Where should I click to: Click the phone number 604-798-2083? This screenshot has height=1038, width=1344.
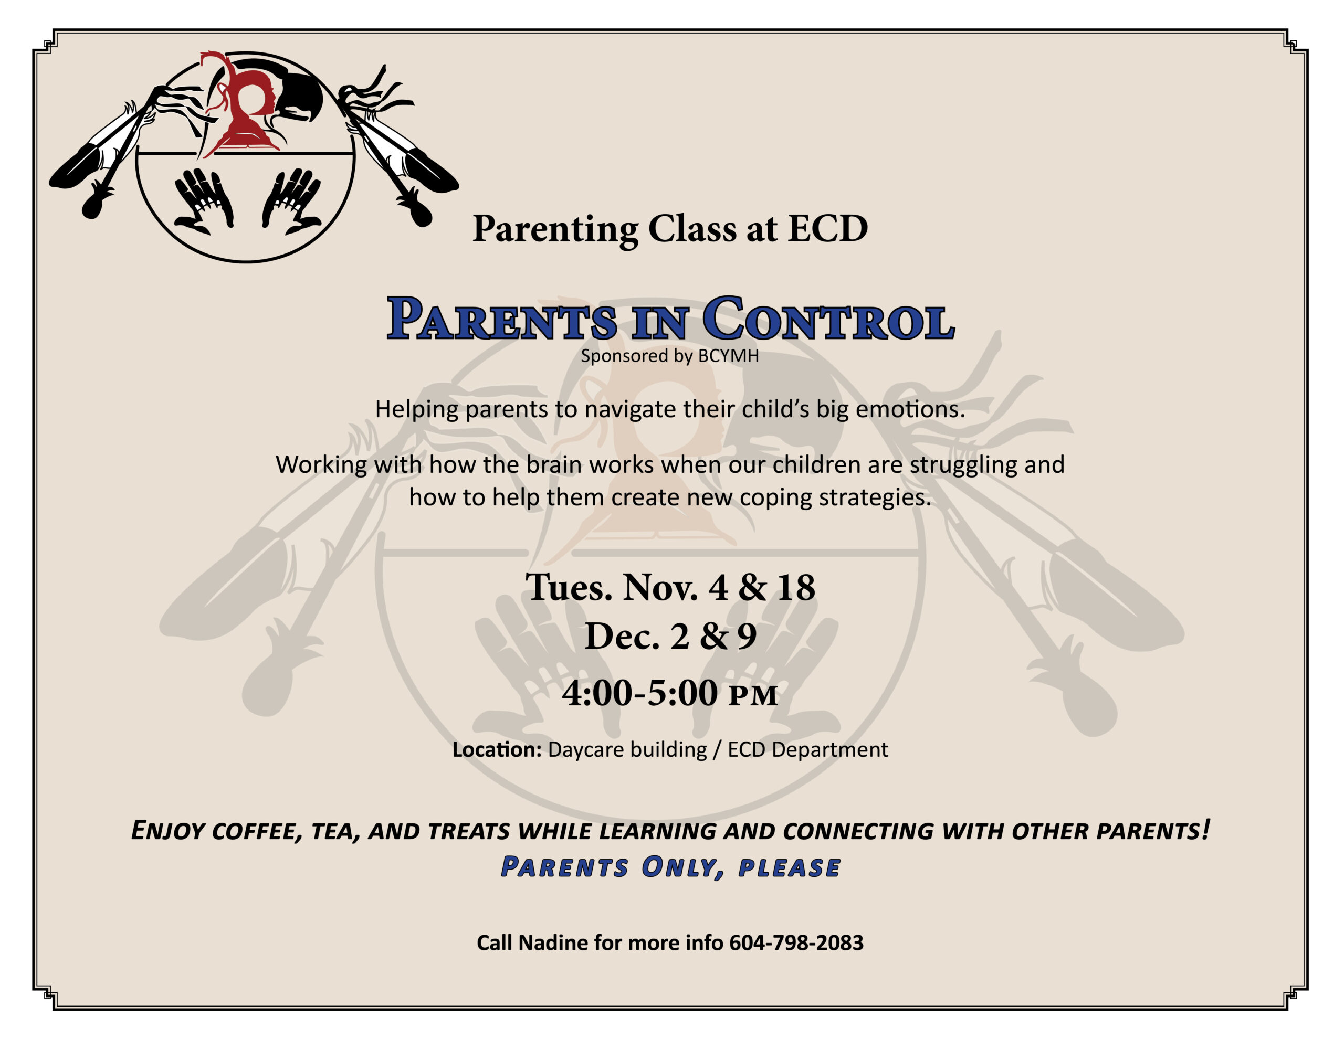pyautogui.click(x=796, y=942)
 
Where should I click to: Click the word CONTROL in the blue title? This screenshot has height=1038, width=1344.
pyautogui.click(x=829, y=318)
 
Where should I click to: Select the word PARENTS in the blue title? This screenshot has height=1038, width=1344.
pyautogui.click(x=501, y=318)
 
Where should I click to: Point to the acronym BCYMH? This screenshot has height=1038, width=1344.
pyautogui.click(x=729, y=356)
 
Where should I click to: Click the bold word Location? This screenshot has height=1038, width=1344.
pyautogui.click(x=497, y=749)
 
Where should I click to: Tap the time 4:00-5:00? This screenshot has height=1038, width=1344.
pyautogui.click(x=640, y=693)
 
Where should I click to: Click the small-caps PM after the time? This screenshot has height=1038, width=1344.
pyautogui.click(x=754, y=696)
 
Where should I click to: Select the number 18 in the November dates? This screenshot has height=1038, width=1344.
pyautogui.click(x=796, y=587)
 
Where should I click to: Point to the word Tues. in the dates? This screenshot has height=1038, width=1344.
pyautogui.click(x=569, y=587)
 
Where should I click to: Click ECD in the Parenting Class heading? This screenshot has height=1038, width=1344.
pyautogui.click(x=828, y=228)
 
